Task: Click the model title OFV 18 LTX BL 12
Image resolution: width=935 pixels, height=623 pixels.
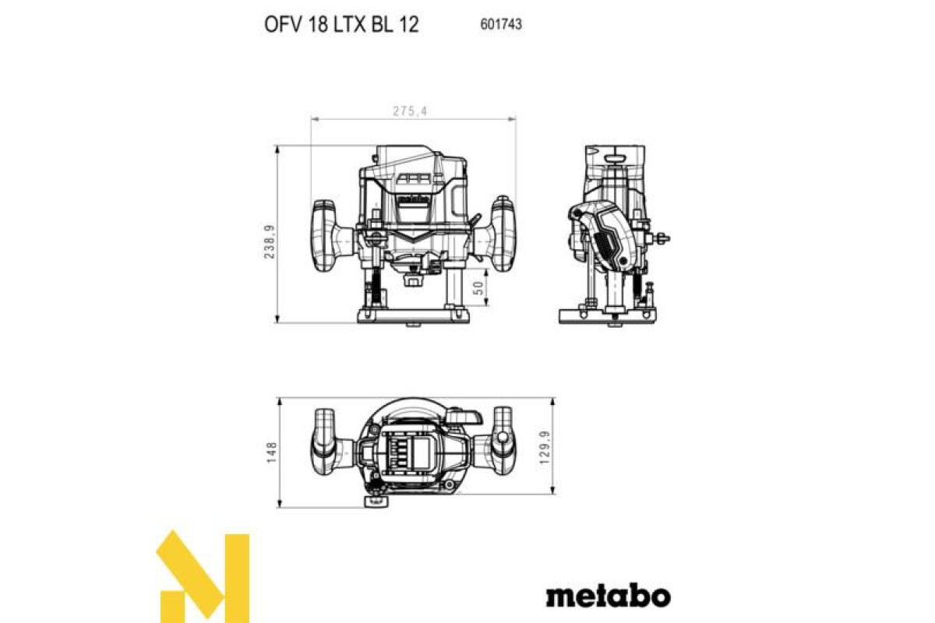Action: (x=341, y=25)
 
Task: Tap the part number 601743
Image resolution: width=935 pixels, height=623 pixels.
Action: (x=501, y=24)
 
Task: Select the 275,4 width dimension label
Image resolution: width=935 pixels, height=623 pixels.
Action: (x=410, y=111)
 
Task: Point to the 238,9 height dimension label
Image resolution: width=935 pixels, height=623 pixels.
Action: (x=270, y=241)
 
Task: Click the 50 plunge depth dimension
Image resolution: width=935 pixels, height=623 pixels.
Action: (x=479, y=287)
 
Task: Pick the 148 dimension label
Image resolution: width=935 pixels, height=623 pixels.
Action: (x=271, y=452)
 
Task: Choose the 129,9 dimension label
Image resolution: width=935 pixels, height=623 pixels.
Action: (x=545, y=448)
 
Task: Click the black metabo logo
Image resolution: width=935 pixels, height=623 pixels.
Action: (x=609, y=596)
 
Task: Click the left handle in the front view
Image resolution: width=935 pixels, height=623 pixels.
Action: (x=328, y=236)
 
